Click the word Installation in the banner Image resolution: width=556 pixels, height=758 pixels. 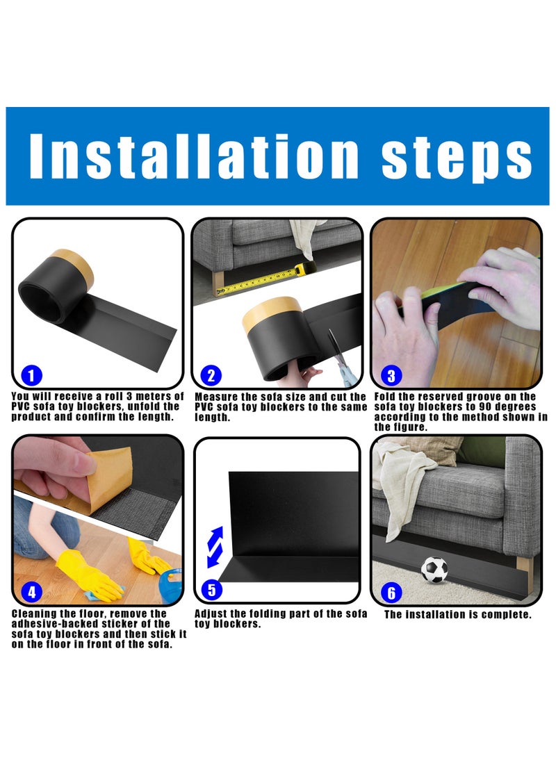194,156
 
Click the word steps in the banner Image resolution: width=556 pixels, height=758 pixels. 457,159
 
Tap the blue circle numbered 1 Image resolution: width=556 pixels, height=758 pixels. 32,376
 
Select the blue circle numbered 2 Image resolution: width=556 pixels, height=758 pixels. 211,376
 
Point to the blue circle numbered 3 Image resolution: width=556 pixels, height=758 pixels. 391,376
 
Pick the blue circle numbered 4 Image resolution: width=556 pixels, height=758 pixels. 32,592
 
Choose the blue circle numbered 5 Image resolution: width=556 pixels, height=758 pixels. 211,591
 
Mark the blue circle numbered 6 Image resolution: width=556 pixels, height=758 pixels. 391,593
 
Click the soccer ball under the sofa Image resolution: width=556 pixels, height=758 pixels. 434,570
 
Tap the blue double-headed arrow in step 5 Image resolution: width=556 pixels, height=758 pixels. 215,547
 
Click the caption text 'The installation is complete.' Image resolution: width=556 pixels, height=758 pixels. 457,614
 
